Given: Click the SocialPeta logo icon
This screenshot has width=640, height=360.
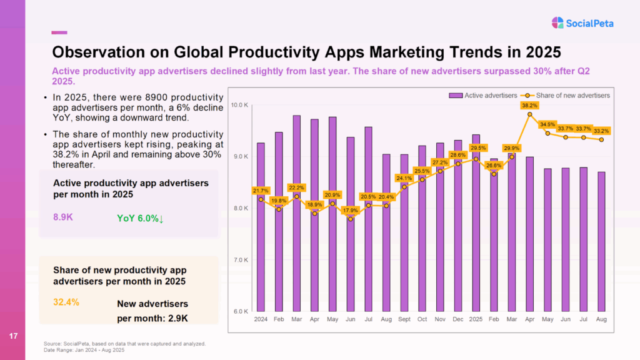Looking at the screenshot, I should [x=557, y=23].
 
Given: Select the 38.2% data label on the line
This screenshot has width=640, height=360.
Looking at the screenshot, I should [x=529, y=106].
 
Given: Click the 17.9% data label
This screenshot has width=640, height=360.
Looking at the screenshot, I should [x=351, y=210].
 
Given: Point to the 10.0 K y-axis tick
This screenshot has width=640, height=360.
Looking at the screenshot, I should [x=240, y=104].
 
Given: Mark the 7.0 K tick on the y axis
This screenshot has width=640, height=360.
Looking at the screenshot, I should [x=241, y=260].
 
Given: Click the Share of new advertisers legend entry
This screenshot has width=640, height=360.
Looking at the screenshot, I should [x=572, y=95].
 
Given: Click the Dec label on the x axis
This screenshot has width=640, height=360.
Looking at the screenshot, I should [x=458, y=319].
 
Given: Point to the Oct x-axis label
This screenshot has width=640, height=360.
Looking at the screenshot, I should [x=422, y=319].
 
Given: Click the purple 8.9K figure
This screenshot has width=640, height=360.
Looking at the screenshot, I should [x=64, y=217].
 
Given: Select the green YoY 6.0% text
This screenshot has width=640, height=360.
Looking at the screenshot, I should [x=141, y=218].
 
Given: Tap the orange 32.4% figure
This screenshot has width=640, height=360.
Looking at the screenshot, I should [x=66, y=302].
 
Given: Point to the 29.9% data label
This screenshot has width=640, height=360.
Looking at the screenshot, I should [x=512, y=148].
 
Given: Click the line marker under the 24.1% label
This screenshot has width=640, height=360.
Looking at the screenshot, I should [x=404, y=186].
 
